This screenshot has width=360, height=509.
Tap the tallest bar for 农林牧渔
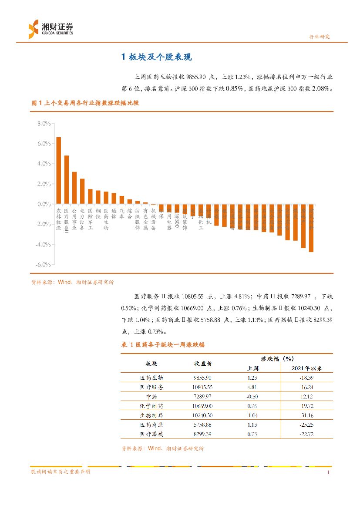58,170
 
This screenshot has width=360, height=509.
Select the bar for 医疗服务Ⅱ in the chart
66,179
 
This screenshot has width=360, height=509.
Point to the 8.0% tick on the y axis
44,124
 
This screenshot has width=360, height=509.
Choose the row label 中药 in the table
151,396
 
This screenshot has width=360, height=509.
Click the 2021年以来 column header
306,368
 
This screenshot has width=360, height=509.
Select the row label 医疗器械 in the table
151,434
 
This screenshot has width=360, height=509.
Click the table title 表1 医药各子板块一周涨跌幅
163,344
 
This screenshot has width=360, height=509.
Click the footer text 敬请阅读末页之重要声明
61,472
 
